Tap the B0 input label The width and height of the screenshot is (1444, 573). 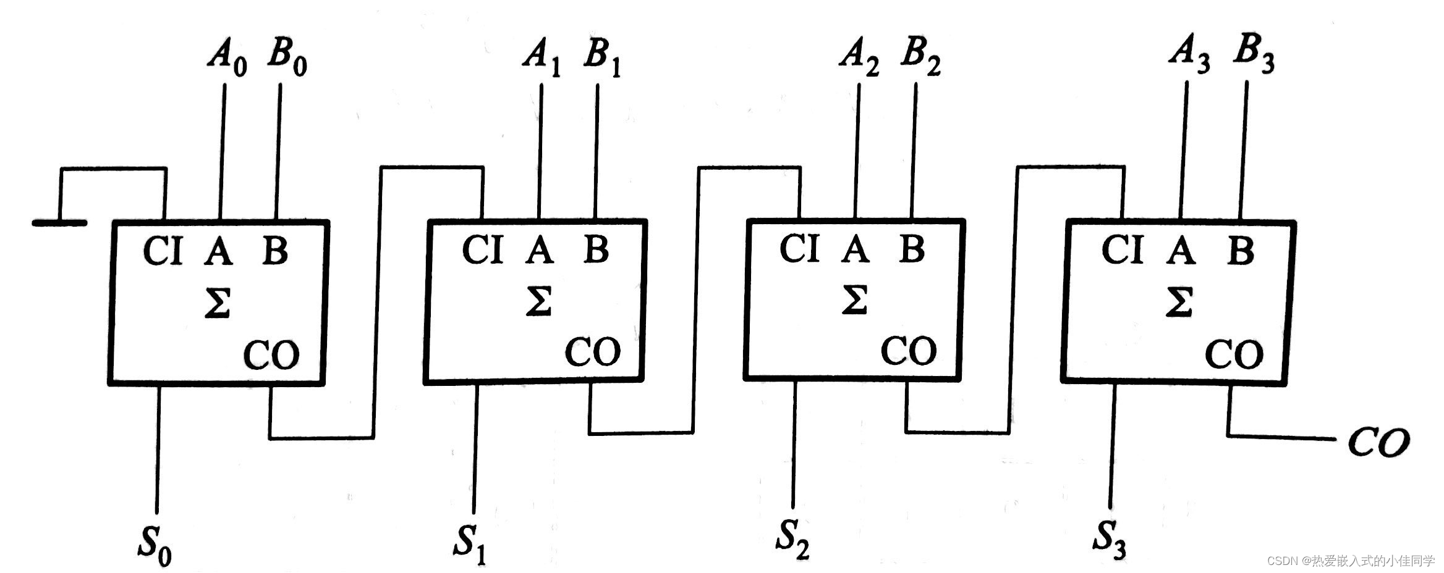pos(287,58)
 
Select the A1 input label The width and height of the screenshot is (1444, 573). pos(542,58)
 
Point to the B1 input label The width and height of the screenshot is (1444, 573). pos(601,58)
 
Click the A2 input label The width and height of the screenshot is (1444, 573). pos(859,58)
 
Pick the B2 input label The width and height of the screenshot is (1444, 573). pos(920,58)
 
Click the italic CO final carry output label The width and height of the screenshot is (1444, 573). pos(1378,442)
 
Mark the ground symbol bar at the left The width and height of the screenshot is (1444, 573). pos(59,222)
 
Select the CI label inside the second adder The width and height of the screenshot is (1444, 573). pos(482,251)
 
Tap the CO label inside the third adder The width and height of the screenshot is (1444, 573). pos(909,351)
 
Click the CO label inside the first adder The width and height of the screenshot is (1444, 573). pos(271,354)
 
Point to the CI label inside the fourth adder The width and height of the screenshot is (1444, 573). pos(1122,251)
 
